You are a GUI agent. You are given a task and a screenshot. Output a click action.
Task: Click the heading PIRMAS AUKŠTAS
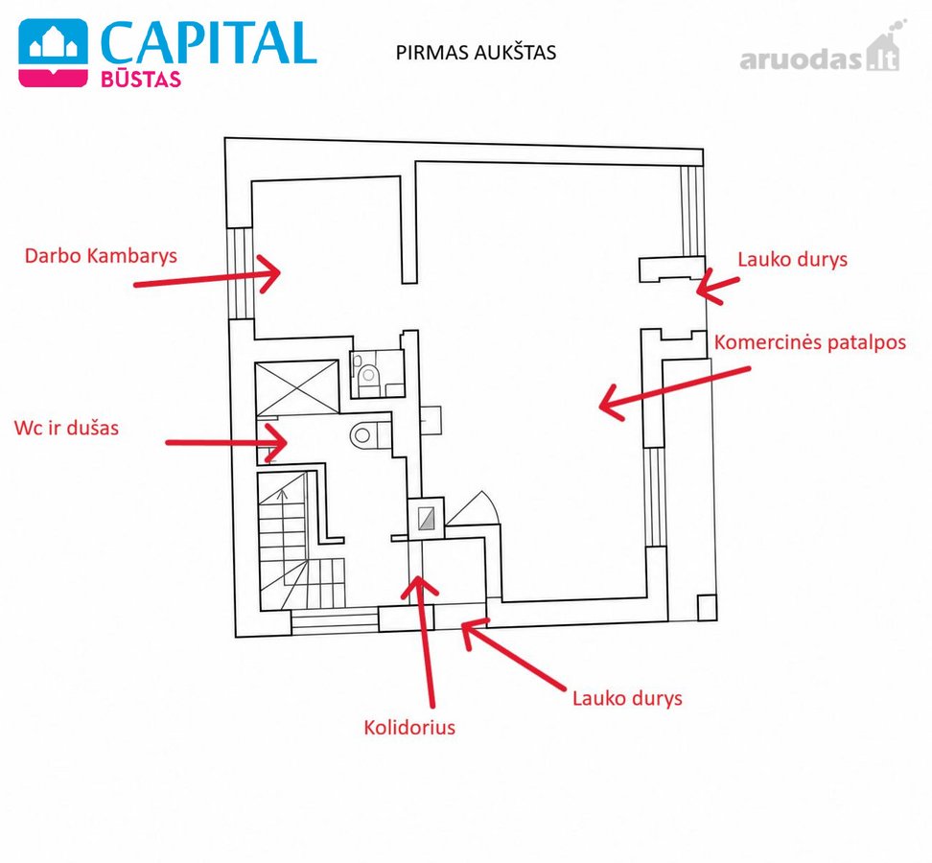(x=476, y=53)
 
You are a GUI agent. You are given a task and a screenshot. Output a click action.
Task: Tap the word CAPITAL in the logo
(x=209, y=43)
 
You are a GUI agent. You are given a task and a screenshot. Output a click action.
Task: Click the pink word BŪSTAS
(x=141, y=79)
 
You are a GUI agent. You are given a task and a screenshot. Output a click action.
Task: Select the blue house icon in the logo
(x=53, y=45)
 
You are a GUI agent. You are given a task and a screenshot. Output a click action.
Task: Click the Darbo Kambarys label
(x=101, y=256)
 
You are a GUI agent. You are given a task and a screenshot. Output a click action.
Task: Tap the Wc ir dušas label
(x=66, y=428)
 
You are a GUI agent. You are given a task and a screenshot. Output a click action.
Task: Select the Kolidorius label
(x=409, y=728)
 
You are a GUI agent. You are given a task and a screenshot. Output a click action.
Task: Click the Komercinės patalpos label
(x=810, y=342)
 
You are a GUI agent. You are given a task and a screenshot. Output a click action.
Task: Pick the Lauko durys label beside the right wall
(x=792, y=260)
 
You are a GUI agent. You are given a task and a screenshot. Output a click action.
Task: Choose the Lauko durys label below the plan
(x=627, y=698)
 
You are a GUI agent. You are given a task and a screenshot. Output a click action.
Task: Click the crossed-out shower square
(x=296, y=387)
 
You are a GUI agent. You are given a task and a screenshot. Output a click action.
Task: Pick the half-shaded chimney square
(x=426, y=519)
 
